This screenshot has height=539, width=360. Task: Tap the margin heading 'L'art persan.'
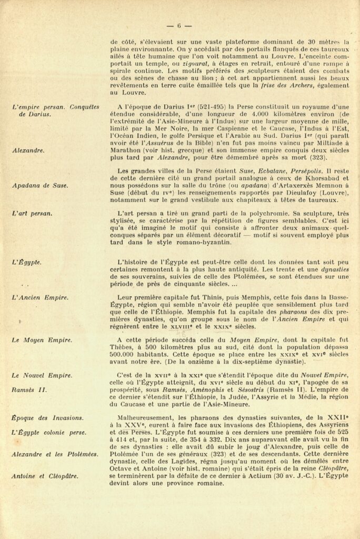point(32,213)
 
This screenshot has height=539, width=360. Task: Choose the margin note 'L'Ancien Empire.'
point(40,298)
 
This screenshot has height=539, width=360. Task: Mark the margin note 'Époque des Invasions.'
point(47,418)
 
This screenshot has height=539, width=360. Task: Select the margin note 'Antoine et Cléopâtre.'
point(45,476)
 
